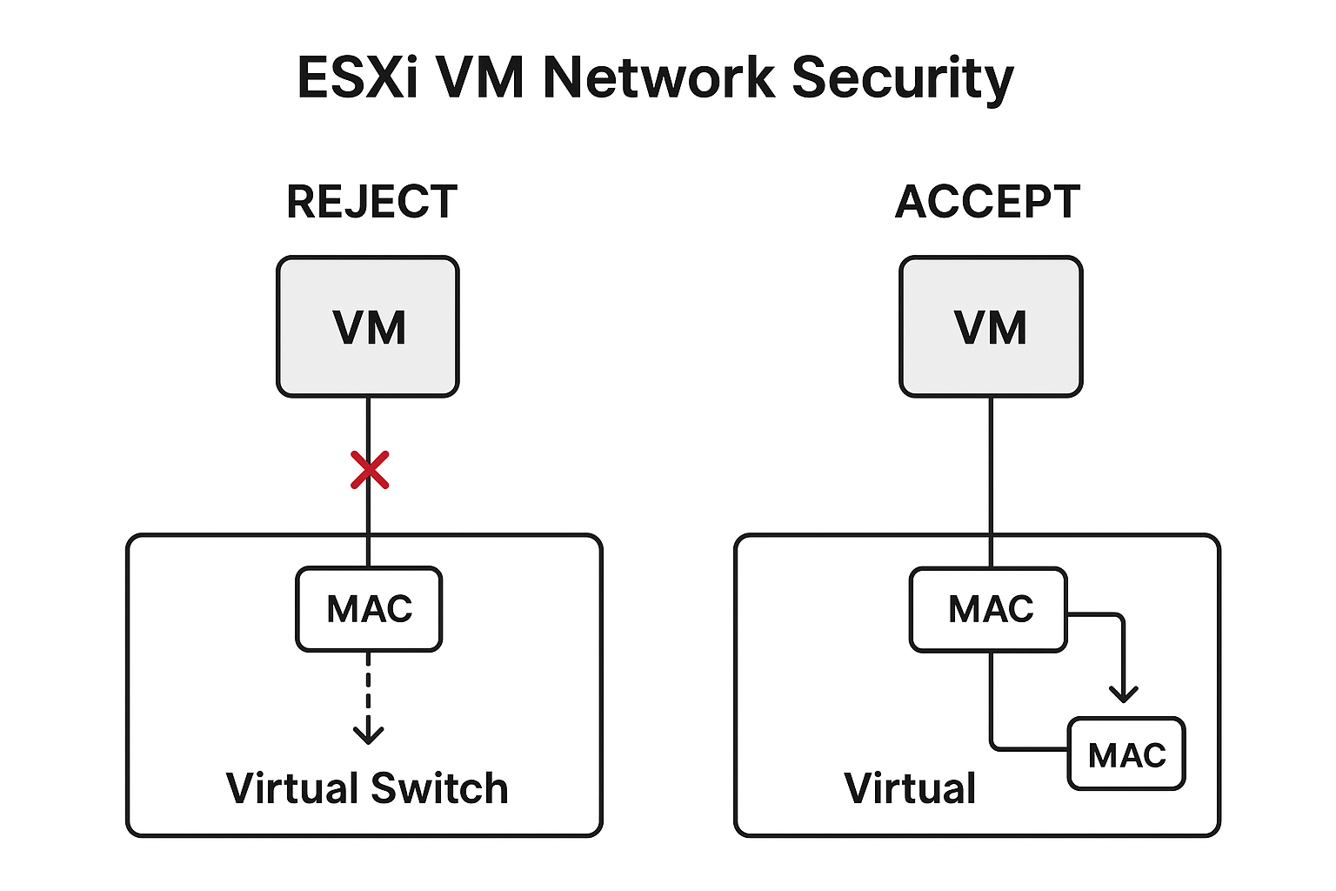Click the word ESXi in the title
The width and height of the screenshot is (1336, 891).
coord(357,78)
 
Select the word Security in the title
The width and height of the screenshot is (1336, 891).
coord(902,78)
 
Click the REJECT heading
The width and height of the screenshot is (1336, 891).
coord(371,203)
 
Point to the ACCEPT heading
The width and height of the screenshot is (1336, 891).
coord(987,203)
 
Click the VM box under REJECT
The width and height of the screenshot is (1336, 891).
coord(368,327)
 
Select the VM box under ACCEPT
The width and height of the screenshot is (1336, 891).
coord(991,327)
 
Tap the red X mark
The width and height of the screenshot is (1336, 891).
coord(370,470)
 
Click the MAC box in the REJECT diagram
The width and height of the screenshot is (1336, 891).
coord(369,609)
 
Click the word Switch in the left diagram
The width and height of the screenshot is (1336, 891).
coord(439,789)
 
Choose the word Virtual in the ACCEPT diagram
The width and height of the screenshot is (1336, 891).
coord(910,789)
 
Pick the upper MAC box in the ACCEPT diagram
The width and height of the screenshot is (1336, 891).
coord(988,609)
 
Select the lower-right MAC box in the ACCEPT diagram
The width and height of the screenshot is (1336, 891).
coord(1126,754)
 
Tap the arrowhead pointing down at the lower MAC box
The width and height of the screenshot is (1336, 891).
coord(1124,693)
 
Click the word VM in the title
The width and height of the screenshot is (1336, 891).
coord(479,78)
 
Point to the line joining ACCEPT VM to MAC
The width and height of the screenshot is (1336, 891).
coord(991,470)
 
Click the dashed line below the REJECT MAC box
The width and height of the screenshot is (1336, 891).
coord(369,687)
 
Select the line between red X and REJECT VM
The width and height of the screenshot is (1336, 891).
coord(369,425)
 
